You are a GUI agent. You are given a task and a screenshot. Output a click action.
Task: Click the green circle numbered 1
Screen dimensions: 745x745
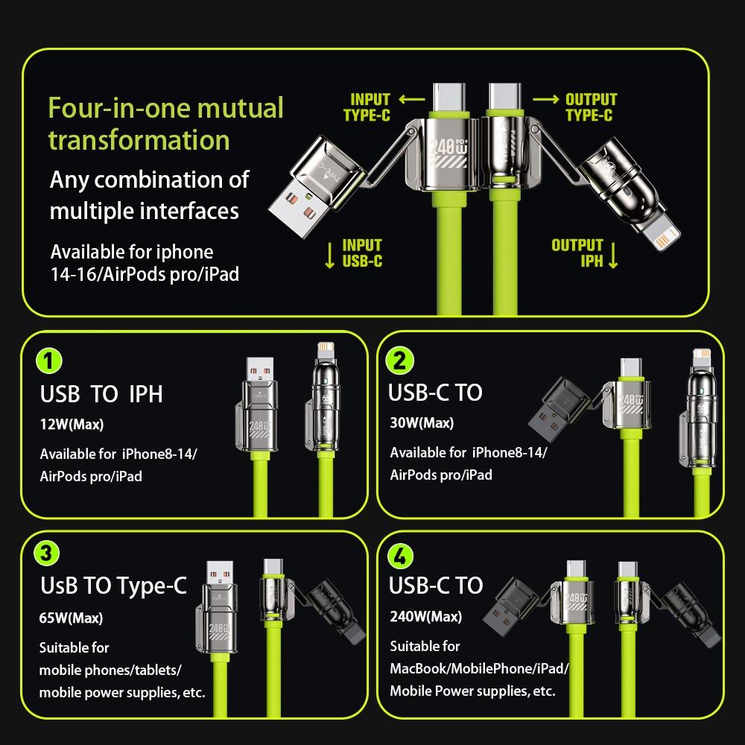pos(49,361)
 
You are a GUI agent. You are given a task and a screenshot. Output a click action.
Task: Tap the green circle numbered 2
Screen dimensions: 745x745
pos(399,361)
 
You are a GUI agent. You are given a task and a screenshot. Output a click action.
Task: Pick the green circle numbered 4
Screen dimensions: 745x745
pos(399,555)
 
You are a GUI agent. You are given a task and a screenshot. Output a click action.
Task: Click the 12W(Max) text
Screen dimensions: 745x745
pos(72,425)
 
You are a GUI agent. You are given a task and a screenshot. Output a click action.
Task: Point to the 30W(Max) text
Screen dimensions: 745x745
pos(422,423)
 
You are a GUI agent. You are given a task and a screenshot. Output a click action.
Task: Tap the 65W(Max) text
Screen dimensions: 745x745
pos(71,618)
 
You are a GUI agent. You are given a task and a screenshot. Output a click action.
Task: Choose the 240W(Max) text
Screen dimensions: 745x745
pos(425,616)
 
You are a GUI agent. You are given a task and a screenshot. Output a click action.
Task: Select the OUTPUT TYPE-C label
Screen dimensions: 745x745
pos(590,107)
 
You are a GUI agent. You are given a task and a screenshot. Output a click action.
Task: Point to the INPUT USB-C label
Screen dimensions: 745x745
pos(362,253)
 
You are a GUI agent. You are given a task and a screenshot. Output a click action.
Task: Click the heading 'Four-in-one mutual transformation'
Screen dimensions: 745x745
pos(165,124)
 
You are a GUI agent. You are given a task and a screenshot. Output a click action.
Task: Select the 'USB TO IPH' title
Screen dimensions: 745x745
pos(101,393)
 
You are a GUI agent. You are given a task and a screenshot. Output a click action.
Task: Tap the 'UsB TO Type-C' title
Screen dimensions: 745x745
pos(113,586)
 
